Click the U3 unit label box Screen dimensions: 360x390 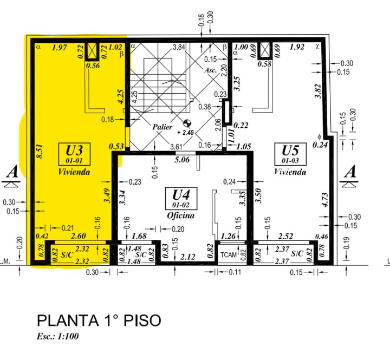pos(74,153)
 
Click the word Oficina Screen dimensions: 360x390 pos(181,215)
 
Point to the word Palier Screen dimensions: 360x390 pos(162,127)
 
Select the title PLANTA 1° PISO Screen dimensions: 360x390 pos(99,320)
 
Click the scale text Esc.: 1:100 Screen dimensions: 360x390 pos(58,337)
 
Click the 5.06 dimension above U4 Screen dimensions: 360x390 pos(181,160)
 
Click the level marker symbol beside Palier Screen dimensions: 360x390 pos(187,123)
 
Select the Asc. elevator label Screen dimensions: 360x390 pos(211,70)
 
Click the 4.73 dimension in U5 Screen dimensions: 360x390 pos(324,200)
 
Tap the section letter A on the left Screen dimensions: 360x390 pos(12,173)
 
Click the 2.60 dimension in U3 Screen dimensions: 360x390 pos(79,236)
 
